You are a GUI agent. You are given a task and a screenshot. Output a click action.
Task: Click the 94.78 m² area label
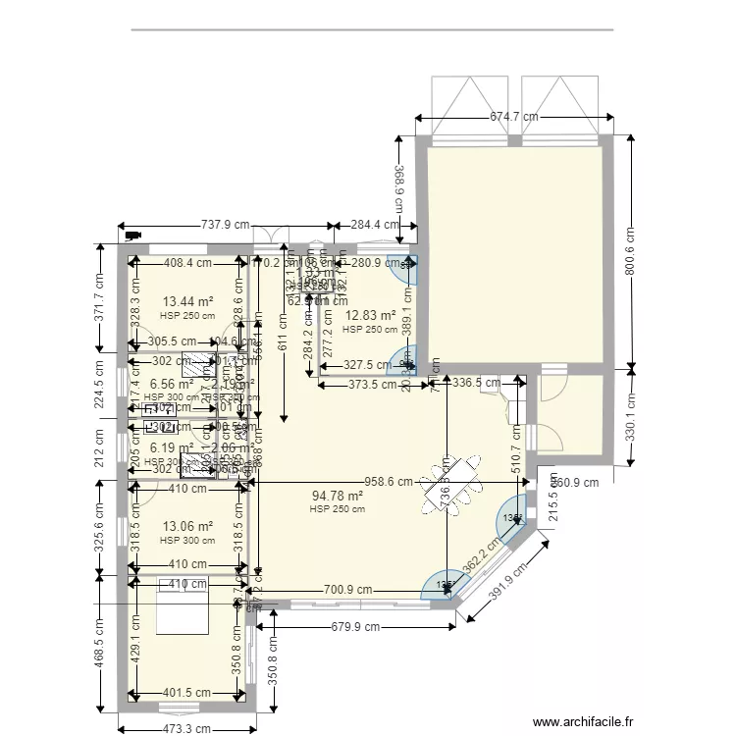coord(338,496)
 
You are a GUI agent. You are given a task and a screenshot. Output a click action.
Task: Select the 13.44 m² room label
coord(188,302)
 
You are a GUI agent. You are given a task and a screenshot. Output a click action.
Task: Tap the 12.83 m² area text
coord(370,316)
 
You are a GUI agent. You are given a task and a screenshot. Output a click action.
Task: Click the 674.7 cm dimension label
coord(515,117)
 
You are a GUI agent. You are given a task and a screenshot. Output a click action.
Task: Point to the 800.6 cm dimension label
coord(630,253)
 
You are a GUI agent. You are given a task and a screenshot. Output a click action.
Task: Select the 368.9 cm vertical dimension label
coord(400,186)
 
